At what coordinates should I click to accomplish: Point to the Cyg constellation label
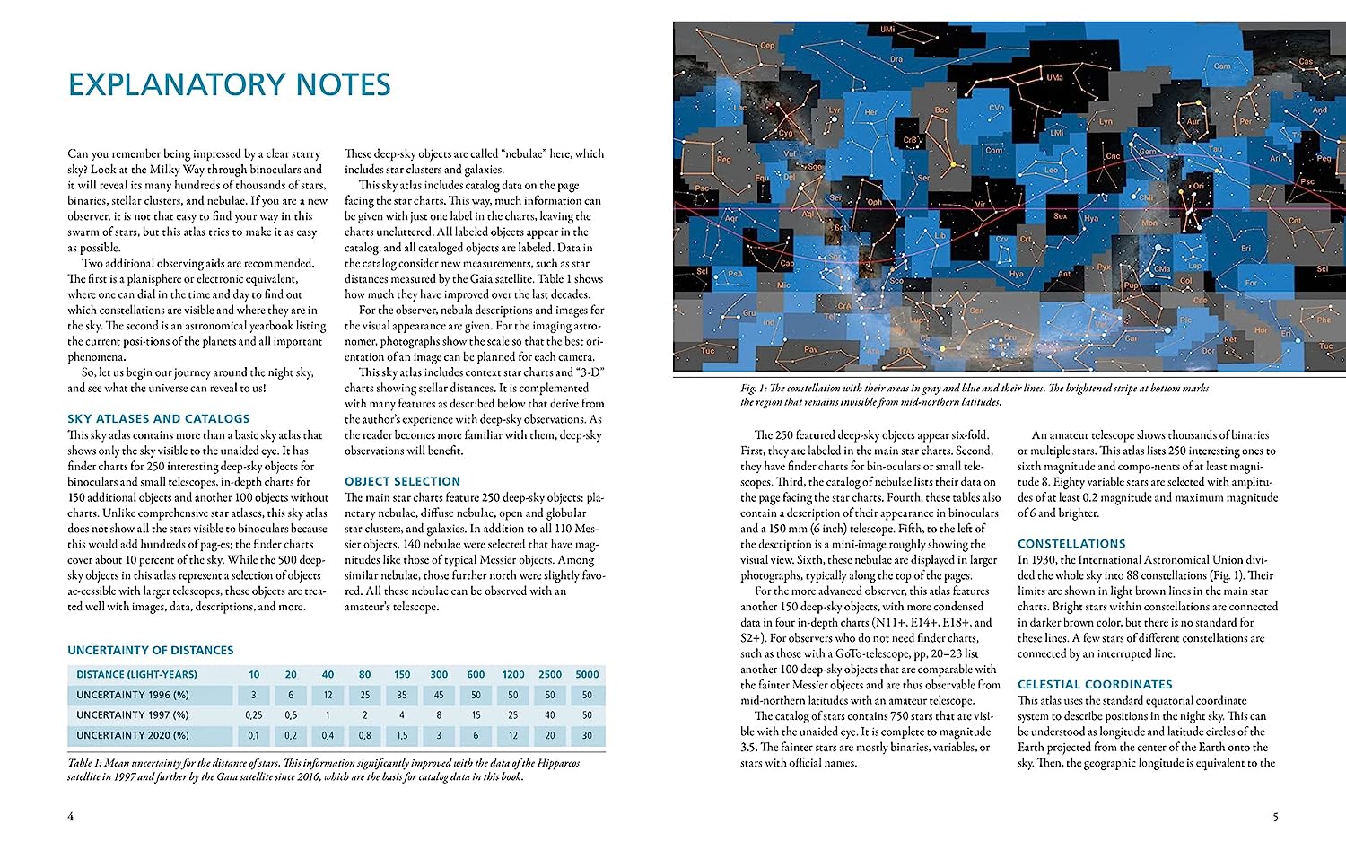coord(785,133)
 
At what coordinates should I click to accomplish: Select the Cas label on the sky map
coord(1306,62)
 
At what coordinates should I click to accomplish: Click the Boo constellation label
coord(941,110)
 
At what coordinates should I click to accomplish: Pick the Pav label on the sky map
coord(810,349)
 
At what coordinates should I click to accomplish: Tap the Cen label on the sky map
coord(976,311)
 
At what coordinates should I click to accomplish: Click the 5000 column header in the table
coord(587,674)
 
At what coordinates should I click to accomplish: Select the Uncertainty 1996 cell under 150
coord(402,695)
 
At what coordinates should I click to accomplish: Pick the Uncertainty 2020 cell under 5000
coord(587,735)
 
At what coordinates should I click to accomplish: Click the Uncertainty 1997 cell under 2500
coord(550,715)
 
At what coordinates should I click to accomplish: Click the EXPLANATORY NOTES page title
coord(230,84)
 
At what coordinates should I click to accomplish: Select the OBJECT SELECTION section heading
coord(402,481)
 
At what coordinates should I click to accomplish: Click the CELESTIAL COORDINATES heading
coord(1095,684)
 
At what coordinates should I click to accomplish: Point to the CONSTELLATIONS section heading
coord(1071,544)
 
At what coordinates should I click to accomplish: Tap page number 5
coord(1275,817)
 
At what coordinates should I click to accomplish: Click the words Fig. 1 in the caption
coord(748,389)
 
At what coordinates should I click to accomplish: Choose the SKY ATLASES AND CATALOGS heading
coord(159,418)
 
